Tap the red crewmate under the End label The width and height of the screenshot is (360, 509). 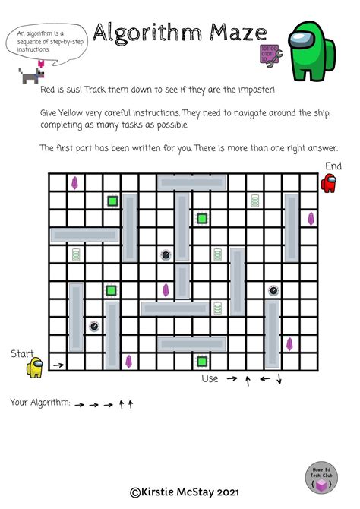click(x=329, y=183)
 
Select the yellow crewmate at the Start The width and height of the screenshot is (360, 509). click(x=35, y=368)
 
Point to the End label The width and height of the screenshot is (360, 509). click(x=333, y=166)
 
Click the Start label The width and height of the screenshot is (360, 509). click(x=21, y=353)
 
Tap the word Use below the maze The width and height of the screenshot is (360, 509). click(x=210, y=378)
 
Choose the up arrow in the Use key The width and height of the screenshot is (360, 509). click(x=248, y=379)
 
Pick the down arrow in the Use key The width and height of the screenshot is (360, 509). click(x=279, y=378)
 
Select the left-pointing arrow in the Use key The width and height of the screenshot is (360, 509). click(x=264, y=378)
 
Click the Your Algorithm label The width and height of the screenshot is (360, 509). click(x=39, y=403)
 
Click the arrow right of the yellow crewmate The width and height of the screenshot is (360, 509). click(x=58, y=366)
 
